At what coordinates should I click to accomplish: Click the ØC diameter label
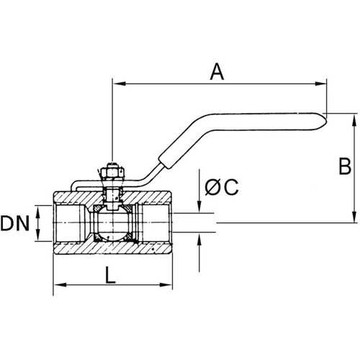click(221, 186)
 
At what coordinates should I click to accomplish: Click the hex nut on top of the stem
click(111, 175)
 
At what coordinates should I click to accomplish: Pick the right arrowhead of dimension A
click(322, 85)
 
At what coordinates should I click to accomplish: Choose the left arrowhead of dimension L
click(58, 285)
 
